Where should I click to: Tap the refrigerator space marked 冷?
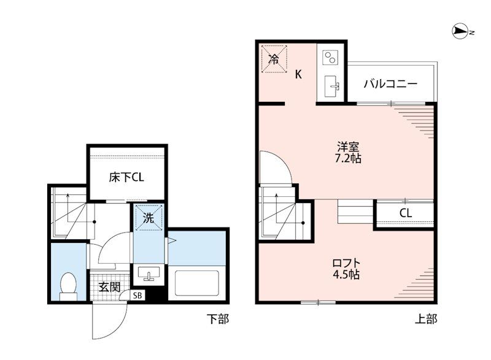pos(274,59)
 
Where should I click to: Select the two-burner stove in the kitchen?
pos(330,57)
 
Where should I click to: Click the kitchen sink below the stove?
pos(331,86)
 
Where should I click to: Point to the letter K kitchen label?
pos(298,74)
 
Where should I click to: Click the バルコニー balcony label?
pos(390,83)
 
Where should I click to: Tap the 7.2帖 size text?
pos(348,159)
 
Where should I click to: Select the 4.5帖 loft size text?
pos(346,274)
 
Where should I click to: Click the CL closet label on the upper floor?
pos(405,213)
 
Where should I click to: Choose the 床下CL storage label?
pos(126,177)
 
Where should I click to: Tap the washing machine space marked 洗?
pos(149,217)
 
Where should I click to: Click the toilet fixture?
pos(68,286)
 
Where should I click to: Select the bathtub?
pos(196,283)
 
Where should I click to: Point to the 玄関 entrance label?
pos(110,286)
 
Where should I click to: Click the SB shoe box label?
pos(137,295)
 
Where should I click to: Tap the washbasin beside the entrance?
pos(149,274)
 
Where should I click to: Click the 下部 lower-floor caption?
pos(218,319)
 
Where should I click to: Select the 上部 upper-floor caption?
pos(426,319)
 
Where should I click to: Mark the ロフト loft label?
pos(346,262)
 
